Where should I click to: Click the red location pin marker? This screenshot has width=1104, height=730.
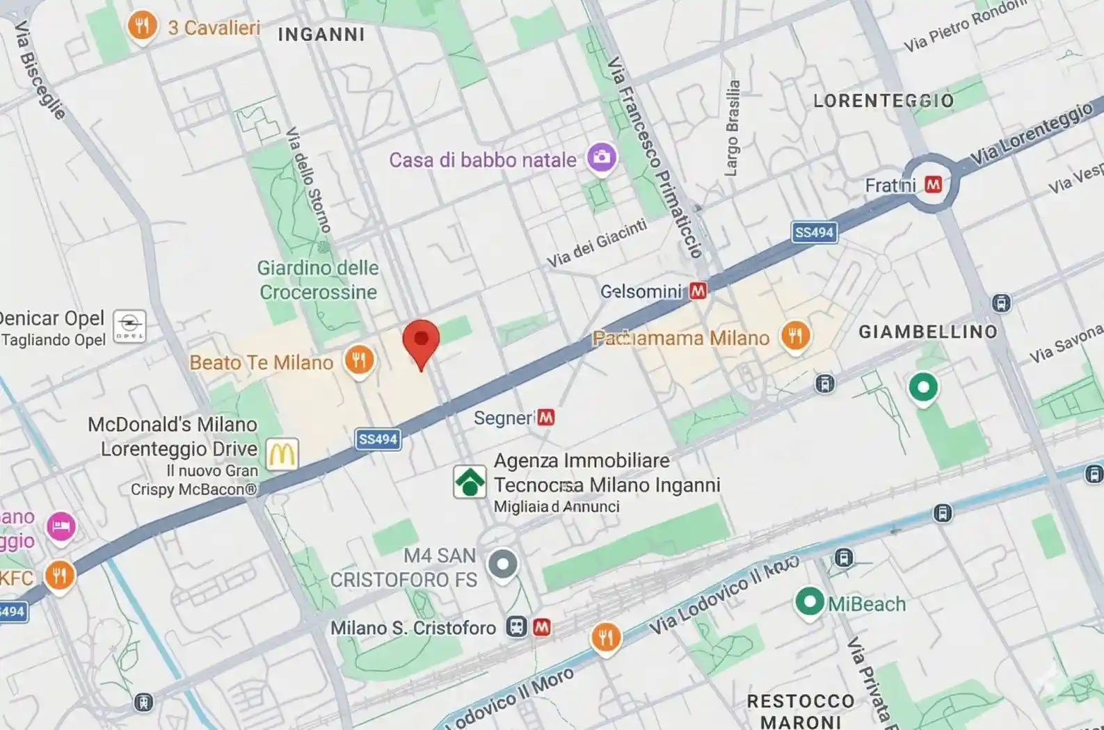[x=421, y=341]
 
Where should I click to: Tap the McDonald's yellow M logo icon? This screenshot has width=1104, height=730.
[x=282, y=454]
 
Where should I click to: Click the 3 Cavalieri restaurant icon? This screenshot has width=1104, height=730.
[x=142, y=26]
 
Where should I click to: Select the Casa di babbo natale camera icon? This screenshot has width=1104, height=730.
[x=601, y=157]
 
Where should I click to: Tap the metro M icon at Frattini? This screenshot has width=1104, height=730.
[x=933, y=184]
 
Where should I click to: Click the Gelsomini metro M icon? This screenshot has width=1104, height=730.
[x=698, y=291]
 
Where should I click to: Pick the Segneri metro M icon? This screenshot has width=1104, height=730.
[x=546, y=417]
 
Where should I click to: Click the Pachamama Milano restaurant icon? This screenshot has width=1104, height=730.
[x=795, y=336]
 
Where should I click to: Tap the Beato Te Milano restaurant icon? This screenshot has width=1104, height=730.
[x=359, y=360]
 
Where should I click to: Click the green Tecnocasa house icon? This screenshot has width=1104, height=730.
[x=470, y=481]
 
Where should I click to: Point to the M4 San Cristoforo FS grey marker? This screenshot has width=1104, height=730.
[x=502, y=564]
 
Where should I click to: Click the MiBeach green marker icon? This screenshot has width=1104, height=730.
[x=810, y=601]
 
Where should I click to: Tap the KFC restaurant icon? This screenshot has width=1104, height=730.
[x=60, y=575]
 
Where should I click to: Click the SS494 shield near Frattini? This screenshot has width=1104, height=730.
[x=814, y=232]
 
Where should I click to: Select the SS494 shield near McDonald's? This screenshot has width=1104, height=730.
[x=378, y=439]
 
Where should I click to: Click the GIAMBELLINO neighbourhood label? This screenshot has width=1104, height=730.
[x=928, y=332]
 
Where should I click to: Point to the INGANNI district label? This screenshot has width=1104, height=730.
[x=321, y=34]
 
